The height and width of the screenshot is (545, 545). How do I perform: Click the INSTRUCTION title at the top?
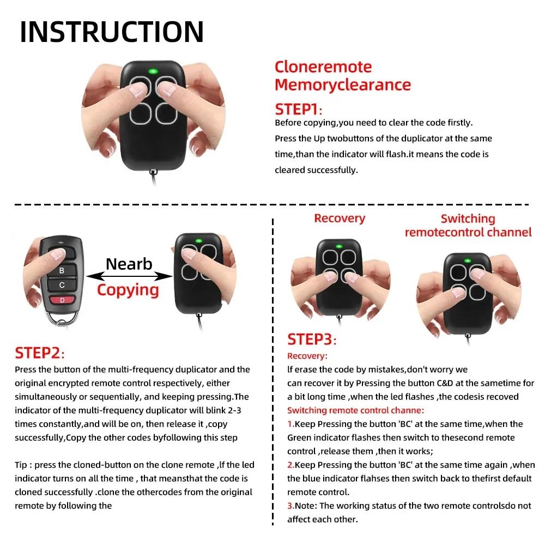(112, 32)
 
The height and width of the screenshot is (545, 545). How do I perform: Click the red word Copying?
(128, 289)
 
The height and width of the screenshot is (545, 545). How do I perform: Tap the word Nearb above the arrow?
(129, 264)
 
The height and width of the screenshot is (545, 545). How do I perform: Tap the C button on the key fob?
(62, 284)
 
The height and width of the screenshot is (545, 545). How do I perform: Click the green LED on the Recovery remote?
(339, 247)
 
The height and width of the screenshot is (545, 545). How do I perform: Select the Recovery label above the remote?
(339, 219)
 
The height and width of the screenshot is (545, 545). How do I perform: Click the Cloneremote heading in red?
(323, 67)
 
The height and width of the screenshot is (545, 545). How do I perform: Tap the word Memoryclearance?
(342, 84)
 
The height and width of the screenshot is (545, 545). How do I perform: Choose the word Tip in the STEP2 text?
(22, 465)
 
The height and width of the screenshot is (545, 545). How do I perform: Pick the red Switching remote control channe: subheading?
(355, 410)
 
